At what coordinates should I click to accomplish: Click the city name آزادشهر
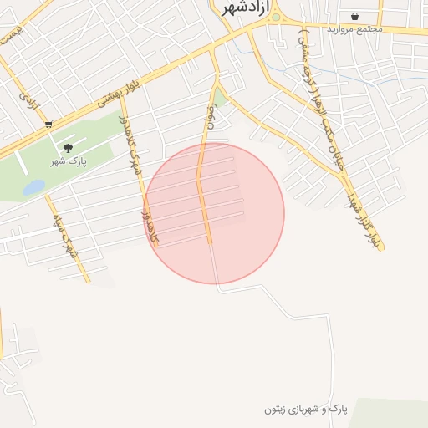pyautogui.click(x=242, y=8)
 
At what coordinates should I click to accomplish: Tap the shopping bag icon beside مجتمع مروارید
pyautogui.click(x=355, y=16)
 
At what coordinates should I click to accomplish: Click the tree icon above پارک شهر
pyautogui.click(x=69, y=147)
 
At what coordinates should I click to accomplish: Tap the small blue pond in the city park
pyautogui.click(x=33, y=187)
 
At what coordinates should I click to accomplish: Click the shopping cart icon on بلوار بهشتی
pyautogui.click(x=48, y=125)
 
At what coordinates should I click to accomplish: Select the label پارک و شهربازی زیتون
pyautogui.click(x=305, y=409)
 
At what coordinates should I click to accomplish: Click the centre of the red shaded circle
pyautogui.click(x=214, y=213)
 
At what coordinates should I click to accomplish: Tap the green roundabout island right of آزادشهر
pyautogui.click(x=276, y=17)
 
